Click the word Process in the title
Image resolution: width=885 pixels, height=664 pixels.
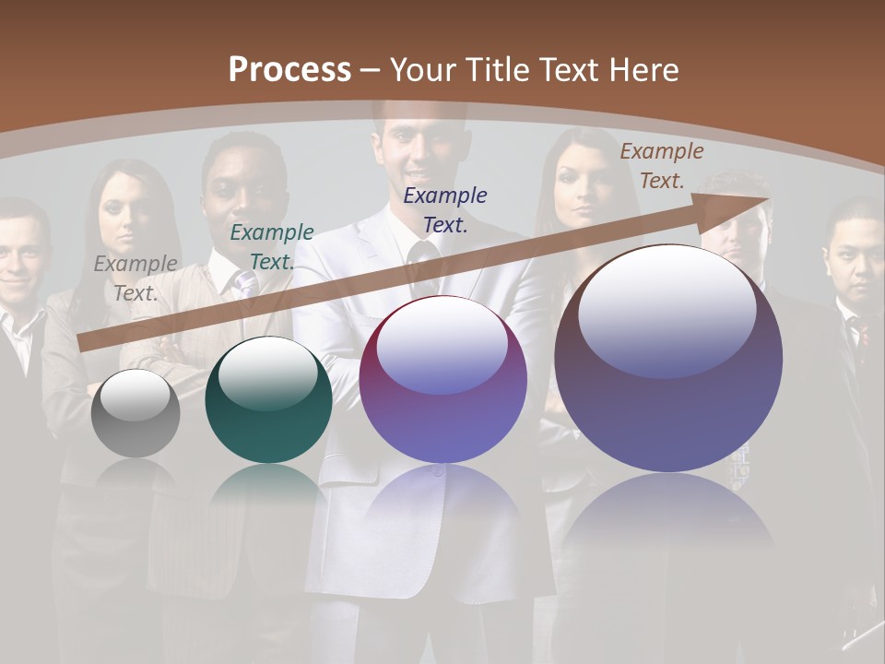(289, 70)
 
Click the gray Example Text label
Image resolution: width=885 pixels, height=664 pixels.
(136, 278)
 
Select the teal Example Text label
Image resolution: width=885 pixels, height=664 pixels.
(271, 246)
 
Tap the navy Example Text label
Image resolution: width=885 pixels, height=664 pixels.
(445, 209)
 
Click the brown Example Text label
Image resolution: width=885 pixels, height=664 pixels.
(661, 165)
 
